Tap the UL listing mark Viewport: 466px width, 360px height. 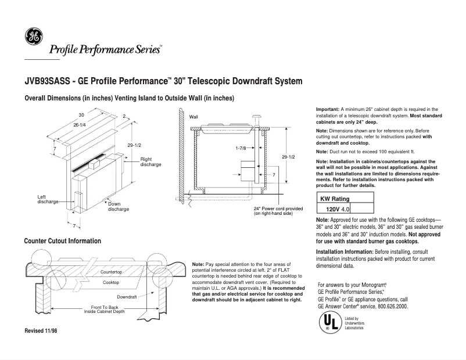329,323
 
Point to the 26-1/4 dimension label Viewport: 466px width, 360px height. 80,125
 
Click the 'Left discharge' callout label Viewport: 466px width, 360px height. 48,199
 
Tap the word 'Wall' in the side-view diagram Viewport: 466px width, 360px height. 194,117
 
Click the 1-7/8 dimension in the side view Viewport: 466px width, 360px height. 242,148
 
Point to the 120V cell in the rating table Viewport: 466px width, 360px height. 332,208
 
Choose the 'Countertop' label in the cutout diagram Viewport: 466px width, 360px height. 111,272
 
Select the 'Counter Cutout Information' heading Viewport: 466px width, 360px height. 63,240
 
